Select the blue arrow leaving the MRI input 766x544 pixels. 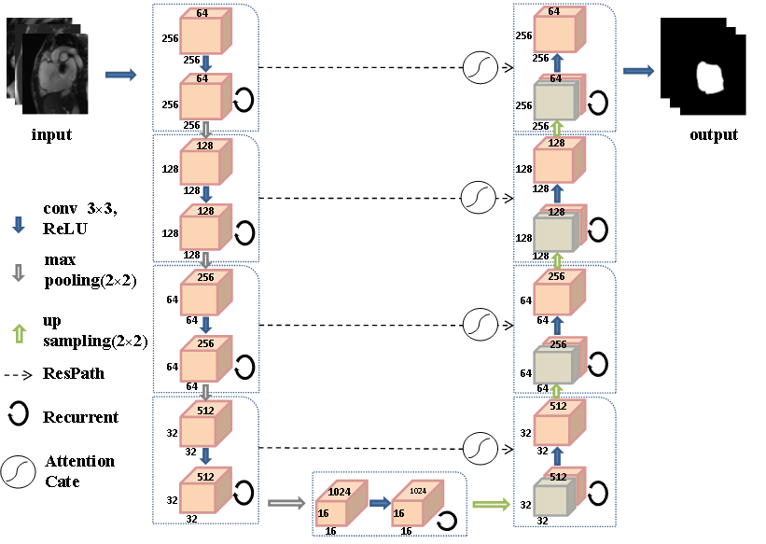pyautogui.click(x=120, y=75)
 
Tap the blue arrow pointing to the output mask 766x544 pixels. pyautogui.click(x=638, y=71)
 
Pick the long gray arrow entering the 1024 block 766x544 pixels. pyautogui.click(x=286, y=504)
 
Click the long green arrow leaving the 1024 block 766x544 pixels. pyautogui.click(x=491, y=505)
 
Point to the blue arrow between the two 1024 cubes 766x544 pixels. pyautogui.click(x=379, y=503)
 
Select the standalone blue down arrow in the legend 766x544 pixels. pyautogui.click(x=18, y=225)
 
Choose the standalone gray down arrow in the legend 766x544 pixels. pyautogui.click(x=18, y=273)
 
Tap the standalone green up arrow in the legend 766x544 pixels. pyautogui.click(x=18, y=332)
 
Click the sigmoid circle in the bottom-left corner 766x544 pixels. pyautogui.click(x=18, y=472)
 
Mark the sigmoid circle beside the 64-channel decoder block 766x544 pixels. pyautogui.click(x=480, y=68)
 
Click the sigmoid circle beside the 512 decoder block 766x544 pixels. pyautogui.click(x=480, y=448)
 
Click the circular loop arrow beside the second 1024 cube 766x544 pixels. pyautogui.click(x=447, y=521)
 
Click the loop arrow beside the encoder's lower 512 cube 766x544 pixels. pyautogui.click(x=244, y=492)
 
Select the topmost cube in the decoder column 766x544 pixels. pyautogui.click(x=554, y=34)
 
